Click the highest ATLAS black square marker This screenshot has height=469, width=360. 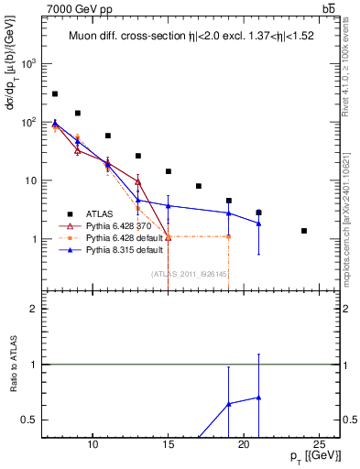[x=55, y=93]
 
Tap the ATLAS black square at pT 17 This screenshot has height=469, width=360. [x=198, y=186]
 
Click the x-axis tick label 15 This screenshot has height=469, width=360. [x=168, y=444]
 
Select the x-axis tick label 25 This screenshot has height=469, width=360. [x=319, y=444]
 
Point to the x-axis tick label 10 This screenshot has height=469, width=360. [x=93, y=444]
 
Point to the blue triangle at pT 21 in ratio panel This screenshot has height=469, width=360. [x=258, y=398]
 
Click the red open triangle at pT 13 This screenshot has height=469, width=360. [x=137, y=181]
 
